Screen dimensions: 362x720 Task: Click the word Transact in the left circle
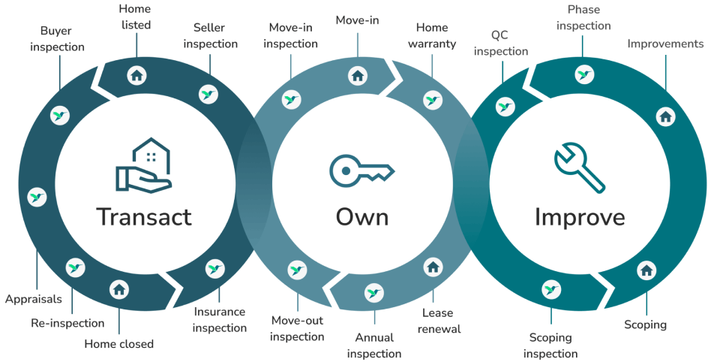(x=144, y=217)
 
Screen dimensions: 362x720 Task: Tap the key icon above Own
(x=361, y=171)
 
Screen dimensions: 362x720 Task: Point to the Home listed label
(x=135, y=17)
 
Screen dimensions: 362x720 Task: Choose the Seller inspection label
(x=210, y=36)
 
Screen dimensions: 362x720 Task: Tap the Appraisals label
(x=34, y=299)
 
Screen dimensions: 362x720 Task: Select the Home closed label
(x=118, y=344)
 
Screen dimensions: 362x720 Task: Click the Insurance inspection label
(x=220, y=319)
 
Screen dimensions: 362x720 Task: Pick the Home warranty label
(x=432, y=35)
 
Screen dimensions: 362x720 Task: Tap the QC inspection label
(x=500, y=44)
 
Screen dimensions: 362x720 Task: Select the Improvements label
(x=665, y=44)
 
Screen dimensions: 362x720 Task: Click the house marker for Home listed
(x=136, y=74)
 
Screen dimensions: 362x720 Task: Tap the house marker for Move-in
(x=358, y=75)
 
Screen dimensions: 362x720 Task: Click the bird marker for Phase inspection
(x=584, y=74)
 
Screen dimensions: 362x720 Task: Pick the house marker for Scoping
(x=646, y=270)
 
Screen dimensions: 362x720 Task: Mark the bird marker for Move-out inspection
(x=297, y=270)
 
